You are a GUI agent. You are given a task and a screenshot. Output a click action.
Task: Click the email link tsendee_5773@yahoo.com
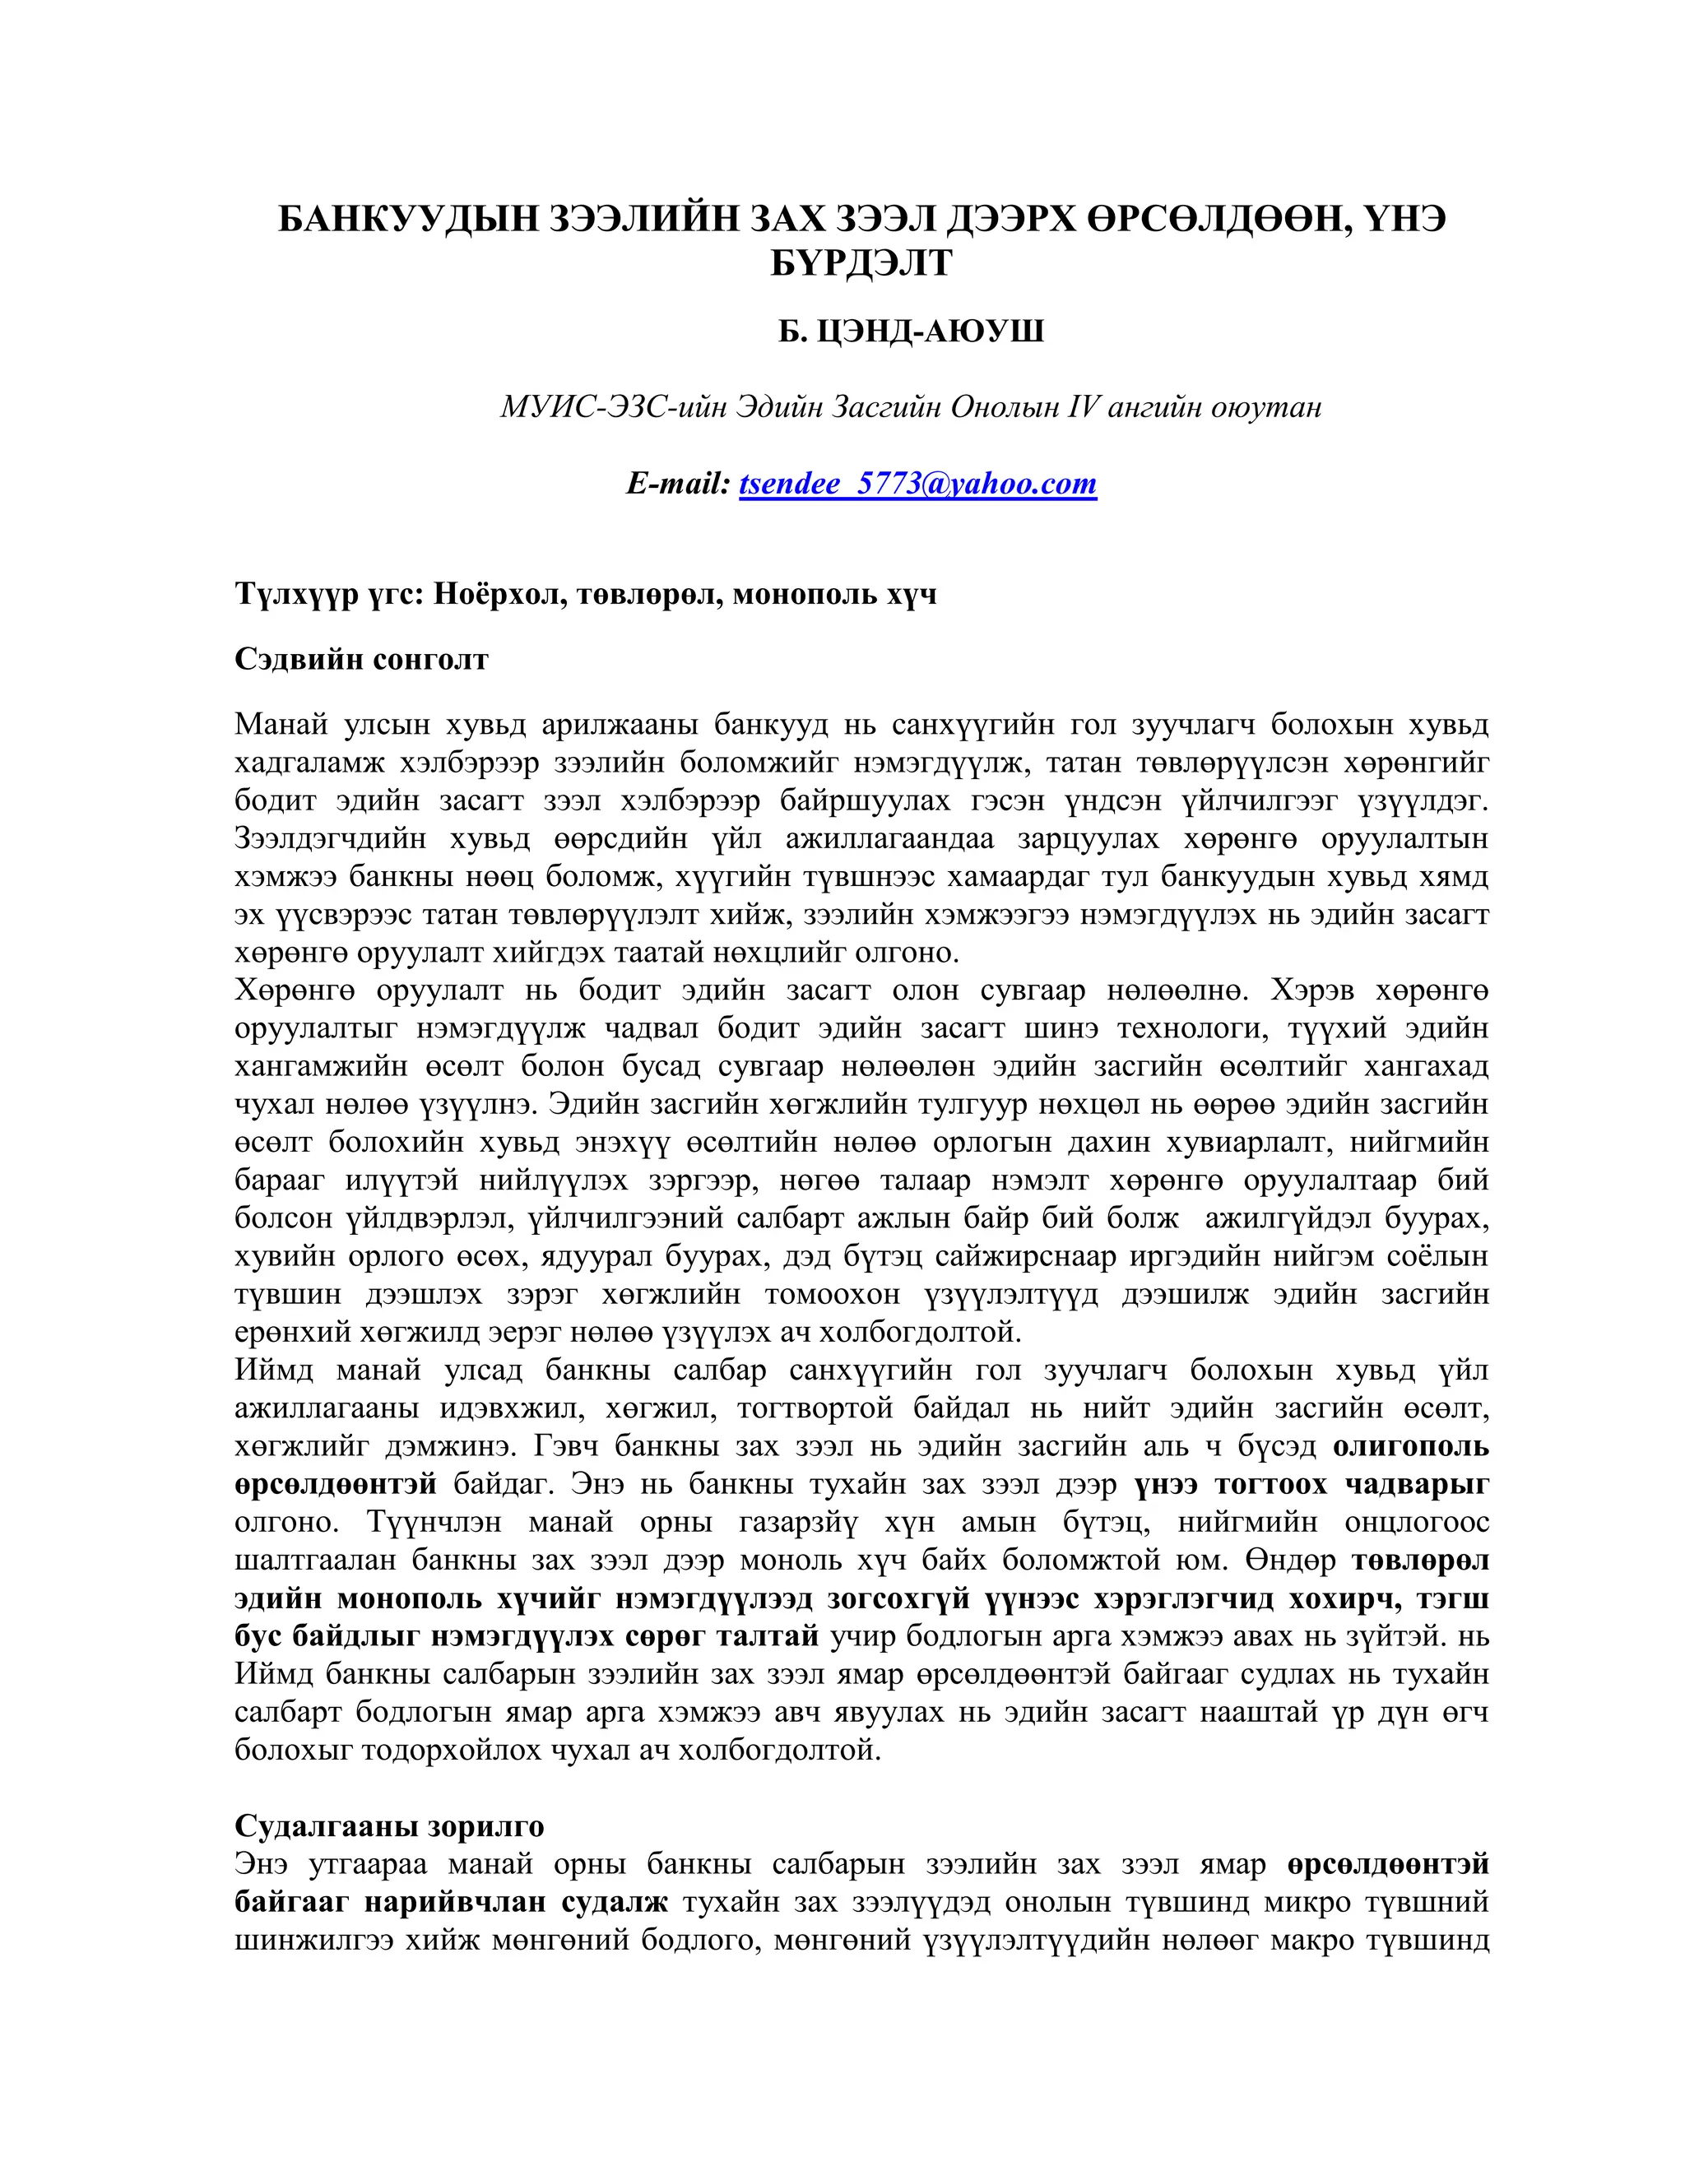pos(917,483)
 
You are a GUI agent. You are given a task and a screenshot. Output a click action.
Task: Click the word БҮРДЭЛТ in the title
pos(861,262)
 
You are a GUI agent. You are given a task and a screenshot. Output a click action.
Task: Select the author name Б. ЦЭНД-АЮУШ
pos(911,331)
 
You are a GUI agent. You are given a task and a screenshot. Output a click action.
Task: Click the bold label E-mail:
pos(678,483)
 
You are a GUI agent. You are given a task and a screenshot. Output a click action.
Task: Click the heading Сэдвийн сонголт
pos(361,659)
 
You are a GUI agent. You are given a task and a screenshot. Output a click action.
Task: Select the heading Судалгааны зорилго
pos(389,1825)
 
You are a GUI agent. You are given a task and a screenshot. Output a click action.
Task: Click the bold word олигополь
pos(1410,1445)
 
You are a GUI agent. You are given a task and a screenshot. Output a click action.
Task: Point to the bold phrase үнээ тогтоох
pos(1230,1484)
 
